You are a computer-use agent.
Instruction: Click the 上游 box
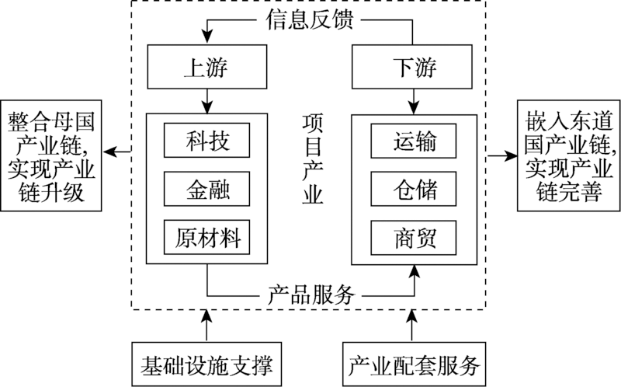pyautogui.click(x=207, y=68)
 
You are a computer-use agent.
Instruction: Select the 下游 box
pyautogui.click(x=413, y=68)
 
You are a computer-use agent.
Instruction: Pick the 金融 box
pyautogui.click(x=207, y=189)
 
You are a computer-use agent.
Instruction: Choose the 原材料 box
pyautogui.click(x=207, y=237)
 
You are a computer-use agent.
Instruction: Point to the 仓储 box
pyautogui.click(x=413, y=189)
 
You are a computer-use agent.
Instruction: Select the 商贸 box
pyautogui.click(x=413, y=237)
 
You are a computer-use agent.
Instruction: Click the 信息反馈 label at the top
pyautogui.click(x=310, y=19)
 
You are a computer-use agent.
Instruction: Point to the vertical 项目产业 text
pyautogui.click(x=313, y=159)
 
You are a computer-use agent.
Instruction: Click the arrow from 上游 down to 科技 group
pyautogui.click(x=207, y=100)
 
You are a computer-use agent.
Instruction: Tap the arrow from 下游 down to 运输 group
pyautogui.click(x=413, y=100)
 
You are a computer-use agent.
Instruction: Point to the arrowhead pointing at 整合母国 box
pyautogui.click(x=111, y=152)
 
